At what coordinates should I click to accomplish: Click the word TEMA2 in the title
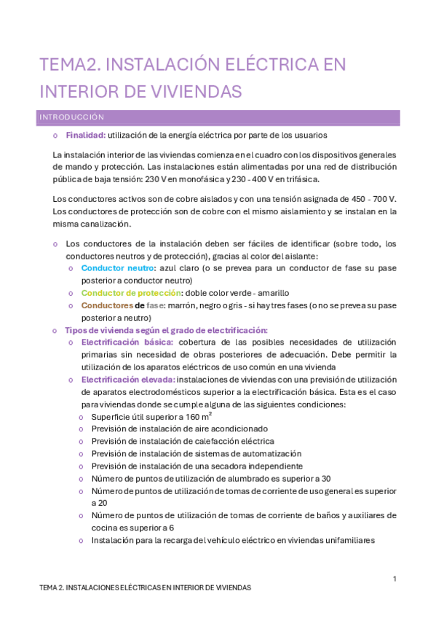coord(70,65)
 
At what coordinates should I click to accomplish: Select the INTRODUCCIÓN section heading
coord(72,117)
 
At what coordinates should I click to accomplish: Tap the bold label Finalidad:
coord(86,135)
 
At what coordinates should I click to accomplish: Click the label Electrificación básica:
coord(127,342)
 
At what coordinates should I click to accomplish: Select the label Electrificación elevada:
coord(127,380)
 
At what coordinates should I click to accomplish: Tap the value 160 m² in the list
coord(199,416)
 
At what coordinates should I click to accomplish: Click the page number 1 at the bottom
coord(394,579)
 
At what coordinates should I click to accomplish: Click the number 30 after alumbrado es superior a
coord(325,478)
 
